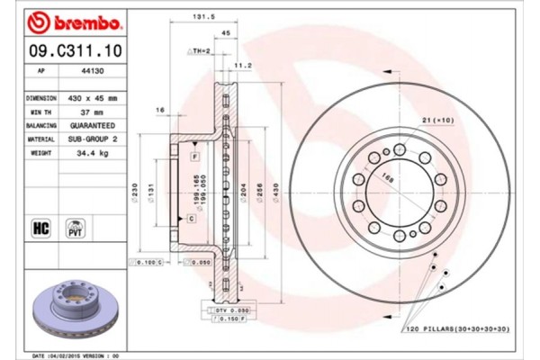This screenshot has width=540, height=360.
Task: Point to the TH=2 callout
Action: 199,50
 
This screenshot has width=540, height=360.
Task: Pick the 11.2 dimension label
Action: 242,65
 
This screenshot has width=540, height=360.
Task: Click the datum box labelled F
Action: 194,157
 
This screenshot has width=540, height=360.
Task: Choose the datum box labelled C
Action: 192,218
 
